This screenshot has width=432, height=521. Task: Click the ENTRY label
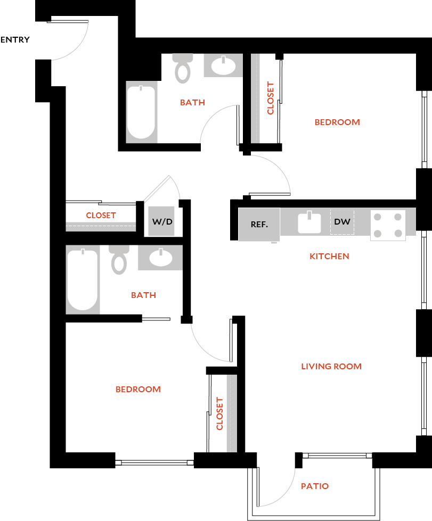point(15,40)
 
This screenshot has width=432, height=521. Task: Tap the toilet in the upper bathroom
point(183,68)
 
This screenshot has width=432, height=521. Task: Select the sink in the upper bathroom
point(223,67)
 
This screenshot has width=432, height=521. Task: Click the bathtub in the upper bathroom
point(141,112)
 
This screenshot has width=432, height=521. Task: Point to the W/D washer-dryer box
point(162,221)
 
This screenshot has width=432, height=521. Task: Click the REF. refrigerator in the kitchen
point(259,224)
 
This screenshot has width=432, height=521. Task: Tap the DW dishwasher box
point(343,221)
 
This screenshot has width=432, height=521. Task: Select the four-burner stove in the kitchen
point(388,225)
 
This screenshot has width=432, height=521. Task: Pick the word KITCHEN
point(329,257)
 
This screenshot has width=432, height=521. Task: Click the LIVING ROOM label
point(331,366)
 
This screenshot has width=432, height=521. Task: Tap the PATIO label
point(314,486)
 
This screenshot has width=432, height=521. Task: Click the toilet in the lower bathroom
point(118,260)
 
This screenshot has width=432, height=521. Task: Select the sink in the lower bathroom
point(160,258)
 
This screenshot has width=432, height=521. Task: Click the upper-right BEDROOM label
point(337,122)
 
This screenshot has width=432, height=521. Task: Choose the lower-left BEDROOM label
point(138,390)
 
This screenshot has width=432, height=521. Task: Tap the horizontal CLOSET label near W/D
point(101,216)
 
